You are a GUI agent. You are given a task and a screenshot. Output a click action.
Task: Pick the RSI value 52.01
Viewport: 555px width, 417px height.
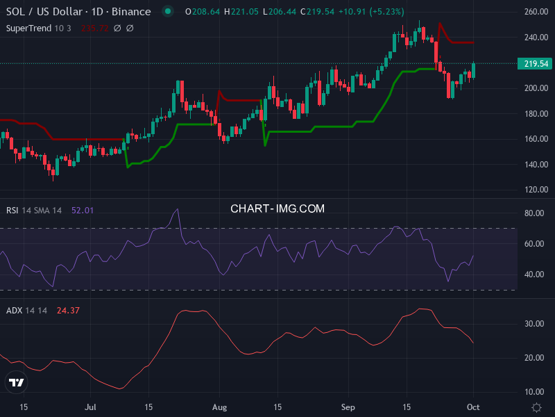click(x=83, y=211)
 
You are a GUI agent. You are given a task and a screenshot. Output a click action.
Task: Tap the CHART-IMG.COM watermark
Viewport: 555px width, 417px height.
click(x=277, y=208)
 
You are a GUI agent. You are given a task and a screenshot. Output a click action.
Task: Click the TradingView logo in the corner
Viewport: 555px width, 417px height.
click(x=16, y=382)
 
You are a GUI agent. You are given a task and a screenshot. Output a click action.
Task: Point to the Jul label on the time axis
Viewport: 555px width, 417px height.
click(x=90, y=407)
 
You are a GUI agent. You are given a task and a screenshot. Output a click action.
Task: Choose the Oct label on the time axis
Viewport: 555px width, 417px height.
click(x=473, y=407)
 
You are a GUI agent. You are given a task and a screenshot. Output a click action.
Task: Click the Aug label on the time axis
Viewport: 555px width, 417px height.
click(x=219, y=407)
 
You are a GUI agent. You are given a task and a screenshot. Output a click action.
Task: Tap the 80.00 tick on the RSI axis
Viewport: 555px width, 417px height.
click(x=533, y=213)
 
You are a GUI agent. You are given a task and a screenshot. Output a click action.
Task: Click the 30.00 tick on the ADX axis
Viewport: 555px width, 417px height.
click(x=533, y=324)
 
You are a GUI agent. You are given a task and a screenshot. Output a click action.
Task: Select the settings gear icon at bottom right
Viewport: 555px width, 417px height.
click(x=536, y=407)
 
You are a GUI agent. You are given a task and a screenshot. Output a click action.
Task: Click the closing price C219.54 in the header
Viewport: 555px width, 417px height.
click(x=321, y=12)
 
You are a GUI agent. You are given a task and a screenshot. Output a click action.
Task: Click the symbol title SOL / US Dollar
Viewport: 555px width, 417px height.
click(x=45, y=12)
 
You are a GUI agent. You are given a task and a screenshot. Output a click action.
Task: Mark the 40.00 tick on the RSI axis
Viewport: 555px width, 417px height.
click(x=533, y=275)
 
